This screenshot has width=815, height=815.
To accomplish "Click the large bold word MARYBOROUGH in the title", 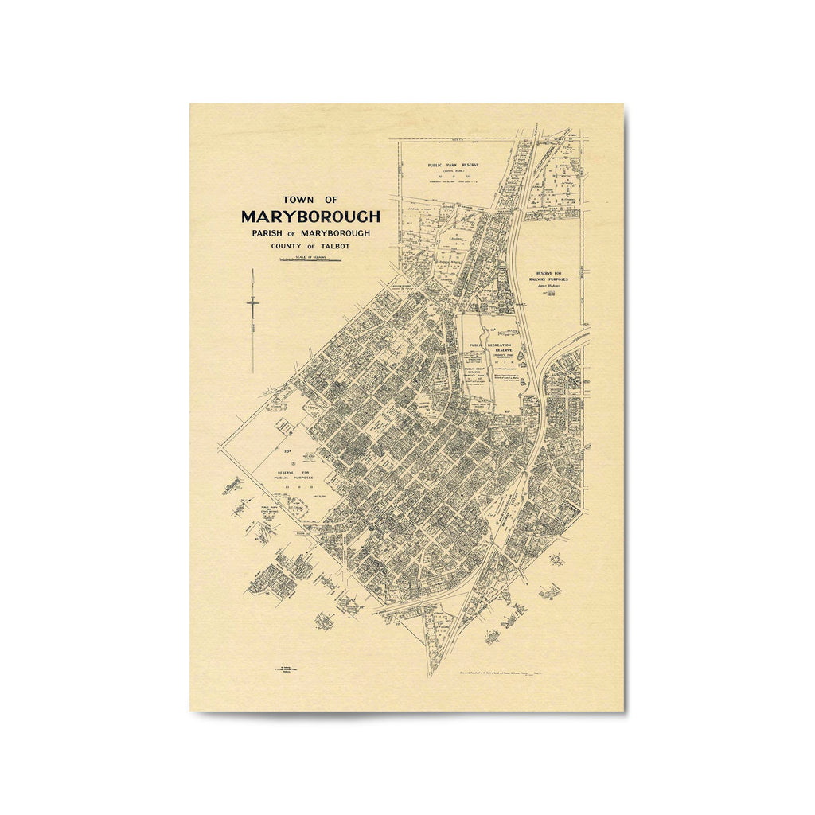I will [x=310, y=216].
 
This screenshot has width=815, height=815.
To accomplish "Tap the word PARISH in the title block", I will [x=266, y=232].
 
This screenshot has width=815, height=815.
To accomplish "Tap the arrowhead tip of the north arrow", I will [x=253, y=271].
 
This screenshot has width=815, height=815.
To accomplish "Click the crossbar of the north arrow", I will [x=253, y=303].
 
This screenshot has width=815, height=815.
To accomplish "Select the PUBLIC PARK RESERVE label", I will [x=453, y=165].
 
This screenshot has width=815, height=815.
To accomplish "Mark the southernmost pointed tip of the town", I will [x=431, y=677].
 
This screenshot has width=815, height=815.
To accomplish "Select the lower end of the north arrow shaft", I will [x=253, y=372].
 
